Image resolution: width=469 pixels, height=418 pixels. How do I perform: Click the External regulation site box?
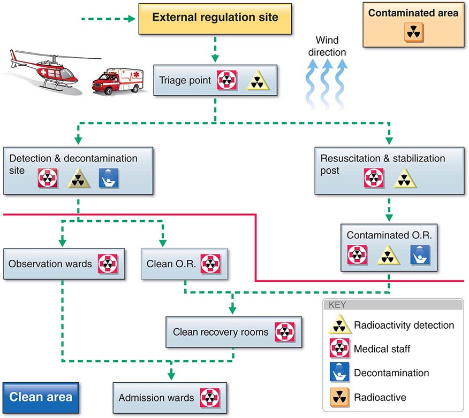[x=215, y=18]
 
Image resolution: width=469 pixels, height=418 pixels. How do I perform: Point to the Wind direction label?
[x=330, y=46]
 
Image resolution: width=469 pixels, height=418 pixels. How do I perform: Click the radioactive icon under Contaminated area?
[x=412, y=33]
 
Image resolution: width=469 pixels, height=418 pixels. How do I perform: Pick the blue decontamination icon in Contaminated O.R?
[x=419, y=254]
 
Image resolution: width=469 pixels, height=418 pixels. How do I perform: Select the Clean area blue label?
[x=41, y=397]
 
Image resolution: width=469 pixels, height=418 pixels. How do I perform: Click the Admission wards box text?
[x=156, y=398]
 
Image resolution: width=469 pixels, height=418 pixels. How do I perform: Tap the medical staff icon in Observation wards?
[x=108, y=264]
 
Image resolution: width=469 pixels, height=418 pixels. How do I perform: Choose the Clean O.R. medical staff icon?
[x=210, y=264]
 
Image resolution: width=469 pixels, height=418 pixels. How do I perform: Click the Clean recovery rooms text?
[x=221, y=332]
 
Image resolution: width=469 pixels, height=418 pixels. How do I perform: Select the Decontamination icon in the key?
[x=339, y=373]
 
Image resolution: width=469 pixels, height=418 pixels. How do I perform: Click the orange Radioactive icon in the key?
[x=339, y=397]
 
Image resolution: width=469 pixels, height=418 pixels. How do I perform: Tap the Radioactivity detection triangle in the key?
[x=339, y=325]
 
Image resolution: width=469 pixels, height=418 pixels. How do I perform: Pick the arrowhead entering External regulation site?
[x=130, y=20]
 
